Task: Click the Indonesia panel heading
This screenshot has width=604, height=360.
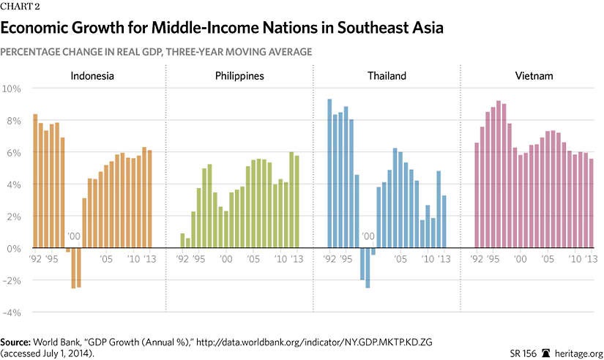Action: point(92,76)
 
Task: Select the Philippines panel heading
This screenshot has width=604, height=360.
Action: point(239,76)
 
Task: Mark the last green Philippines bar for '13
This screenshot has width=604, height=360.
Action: point(297,202)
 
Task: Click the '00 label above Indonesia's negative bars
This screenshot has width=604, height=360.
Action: point(73,236)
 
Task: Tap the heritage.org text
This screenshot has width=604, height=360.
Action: point(577,352)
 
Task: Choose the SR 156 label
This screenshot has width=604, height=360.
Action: point(523,352)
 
